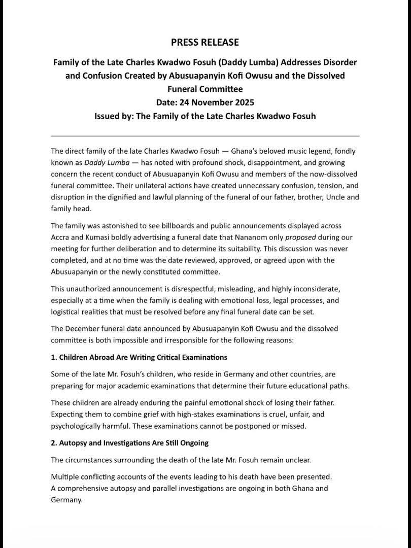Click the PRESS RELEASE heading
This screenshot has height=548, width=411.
click(205, 42)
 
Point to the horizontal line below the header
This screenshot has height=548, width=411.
click(205, 136)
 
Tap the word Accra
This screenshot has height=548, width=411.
click(62, 237)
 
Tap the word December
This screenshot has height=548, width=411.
click(83, 328)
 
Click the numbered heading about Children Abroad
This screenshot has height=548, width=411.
click(139, 357)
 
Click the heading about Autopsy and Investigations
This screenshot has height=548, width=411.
click(130, 443)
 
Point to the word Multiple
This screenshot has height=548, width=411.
click(65, 477)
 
